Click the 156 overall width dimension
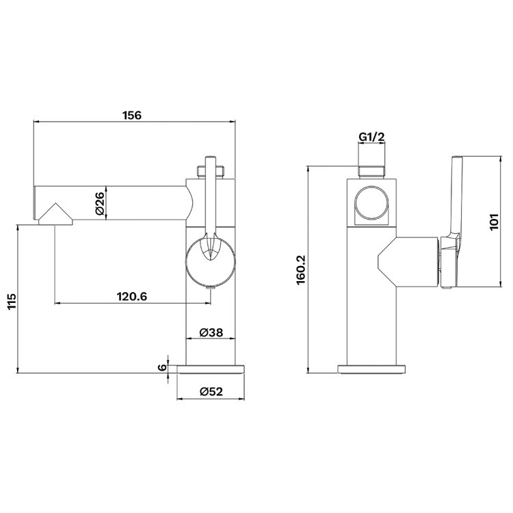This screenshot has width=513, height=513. tap(132, 116)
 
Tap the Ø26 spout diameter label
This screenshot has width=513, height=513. tap(100, 203)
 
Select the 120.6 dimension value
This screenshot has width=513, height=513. tap(132, 296)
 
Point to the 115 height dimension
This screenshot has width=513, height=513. tap(12, 302)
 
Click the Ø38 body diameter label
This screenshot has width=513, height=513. tap(211, 332)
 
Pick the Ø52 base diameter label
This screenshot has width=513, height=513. tap(211, 391)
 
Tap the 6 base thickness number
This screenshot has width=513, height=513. tap(162, 367)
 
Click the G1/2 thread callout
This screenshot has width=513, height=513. tap(371, 137)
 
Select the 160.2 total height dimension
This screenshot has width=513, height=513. tap(301, 270)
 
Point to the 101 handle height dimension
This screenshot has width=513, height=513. tap(494, 222)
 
